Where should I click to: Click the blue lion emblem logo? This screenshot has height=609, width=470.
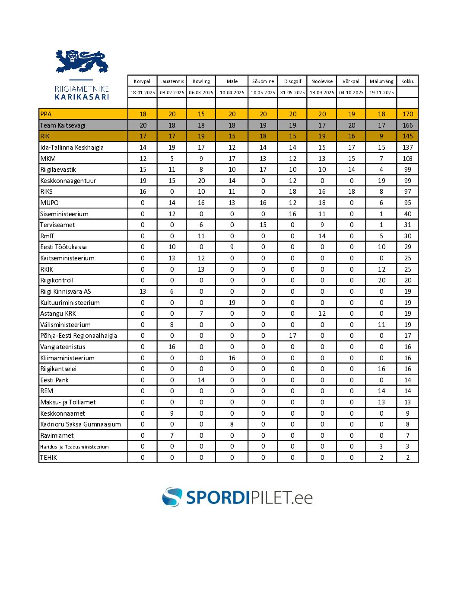click(82, 61)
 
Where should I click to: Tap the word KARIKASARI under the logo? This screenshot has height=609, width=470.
click(82, 97)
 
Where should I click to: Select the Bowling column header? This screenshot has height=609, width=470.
click(201, 81)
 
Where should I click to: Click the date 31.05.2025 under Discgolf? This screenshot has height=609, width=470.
click(292, 93)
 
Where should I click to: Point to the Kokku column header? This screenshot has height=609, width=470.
click(407, 81)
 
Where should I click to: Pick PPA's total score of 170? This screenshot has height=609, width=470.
click(407, 114)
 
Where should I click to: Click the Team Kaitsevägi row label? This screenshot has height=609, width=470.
click(63, 125)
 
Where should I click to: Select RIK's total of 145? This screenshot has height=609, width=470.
click(407, 136)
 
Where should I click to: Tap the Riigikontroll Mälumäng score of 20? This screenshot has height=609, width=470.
click(381, 280)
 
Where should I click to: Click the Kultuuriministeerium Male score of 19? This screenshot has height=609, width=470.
click(232, 303)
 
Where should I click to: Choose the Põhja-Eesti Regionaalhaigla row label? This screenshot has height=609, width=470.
click(79, 336)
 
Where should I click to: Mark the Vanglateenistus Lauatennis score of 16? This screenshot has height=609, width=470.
click(172, 347)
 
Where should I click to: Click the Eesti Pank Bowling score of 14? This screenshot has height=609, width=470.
click(201, 380)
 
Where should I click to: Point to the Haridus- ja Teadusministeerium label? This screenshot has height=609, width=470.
click(74, 447)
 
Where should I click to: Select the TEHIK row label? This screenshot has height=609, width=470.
click(48, 458)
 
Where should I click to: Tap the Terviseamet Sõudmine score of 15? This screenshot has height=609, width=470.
click(263, 225)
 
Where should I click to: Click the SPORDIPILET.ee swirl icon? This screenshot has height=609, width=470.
click(172, 497)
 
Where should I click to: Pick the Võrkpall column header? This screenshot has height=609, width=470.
click(351, 81)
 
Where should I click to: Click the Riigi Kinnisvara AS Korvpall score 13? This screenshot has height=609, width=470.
click(143, 292)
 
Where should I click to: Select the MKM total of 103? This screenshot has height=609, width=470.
click(407, 159)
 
